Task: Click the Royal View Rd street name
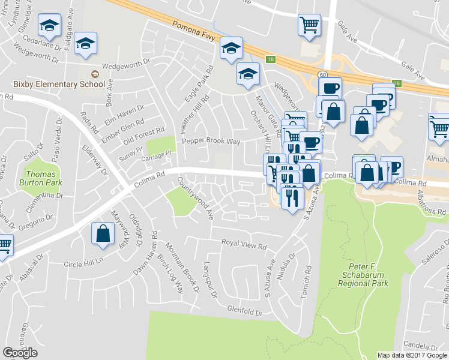click(244, 245)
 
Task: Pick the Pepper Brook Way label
click(211, 142)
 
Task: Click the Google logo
click(20, 352)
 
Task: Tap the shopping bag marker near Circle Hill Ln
click(103, 233)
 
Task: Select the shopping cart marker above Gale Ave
click(309, 25)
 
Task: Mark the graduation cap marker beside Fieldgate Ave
click(86, 43)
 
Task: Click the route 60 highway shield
click(322, 72)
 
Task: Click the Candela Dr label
click(423, 347)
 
